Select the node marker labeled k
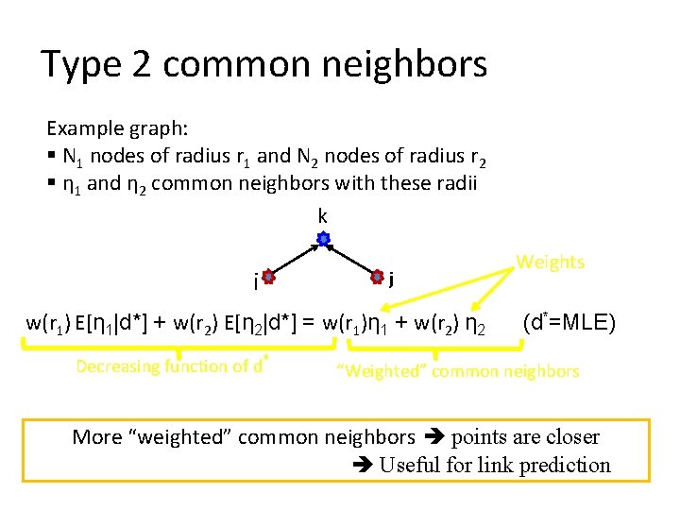point(323,240)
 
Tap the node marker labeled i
point(268,278)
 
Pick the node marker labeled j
point(377,277)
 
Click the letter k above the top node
point(323,217)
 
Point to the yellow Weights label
point(550,262)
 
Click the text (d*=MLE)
point(569,324)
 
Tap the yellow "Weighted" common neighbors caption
point(458,370)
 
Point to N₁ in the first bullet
point(72,157)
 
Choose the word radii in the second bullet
point(455,183)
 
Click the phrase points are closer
point(525,436)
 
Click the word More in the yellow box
point(97,436)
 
